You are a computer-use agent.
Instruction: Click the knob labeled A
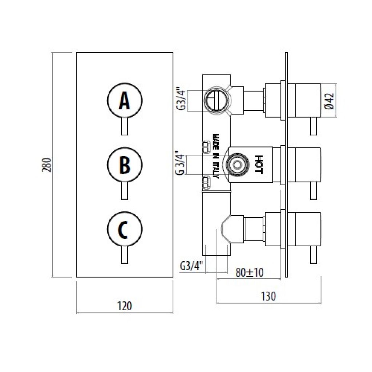[x=125, y=100]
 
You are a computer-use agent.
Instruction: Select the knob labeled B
[x=125, y=165]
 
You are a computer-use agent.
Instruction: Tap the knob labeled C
[x=125, y=229]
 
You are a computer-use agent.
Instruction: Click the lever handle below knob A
[x=125, y=126]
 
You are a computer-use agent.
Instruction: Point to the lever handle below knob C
[x=125, y=255]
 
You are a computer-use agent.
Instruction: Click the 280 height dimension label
[x=46, y=165]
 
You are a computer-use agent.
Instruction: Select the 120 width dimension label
[x=125, y=306]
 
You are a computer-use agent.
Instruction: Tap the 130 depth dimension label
[x=268, y=296]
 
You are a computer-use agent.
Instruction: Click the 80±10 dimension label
[x=249, y=272]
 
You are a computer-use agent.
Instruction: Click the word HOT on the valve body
[x=259, y=165]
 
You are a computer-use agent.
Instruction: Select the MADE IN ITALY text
[x=215, y=156]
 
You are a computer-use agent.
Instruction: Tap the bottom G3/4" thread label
[x=192, y=266]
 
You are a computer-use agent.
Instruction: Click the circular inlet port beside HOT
[x=236, y=165]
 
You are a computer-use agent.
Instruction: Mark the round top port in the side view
[x=217, y=100]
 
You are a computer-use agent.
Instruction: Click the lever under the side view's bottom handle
[x=314, y=255]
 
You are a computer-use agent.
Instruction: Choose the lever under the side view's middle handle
[x=314, y=191]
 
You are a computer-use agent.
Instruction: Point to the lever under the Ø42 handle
[x=314, y=126]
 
